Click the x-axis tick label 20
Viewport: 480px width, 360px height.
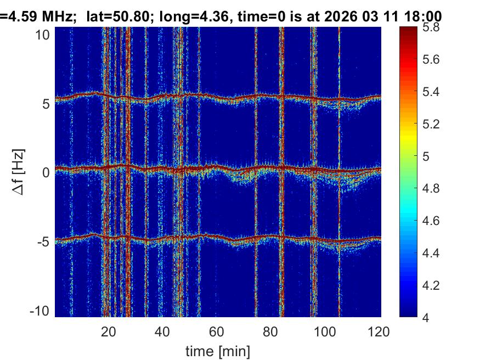(x=108, y=331)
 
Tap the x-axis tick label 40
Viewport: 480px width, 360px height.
(x=162, y=331)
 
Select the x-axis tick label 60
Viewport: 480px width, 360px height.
(x=217, y=331)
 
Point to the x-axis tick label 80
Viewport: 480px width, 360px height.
(x=271, y=331)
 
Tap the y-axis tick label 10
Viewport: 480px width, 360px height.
(x=44, y=35)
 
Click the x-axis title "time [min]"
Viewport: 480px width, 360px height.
(x=218, y=350)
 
